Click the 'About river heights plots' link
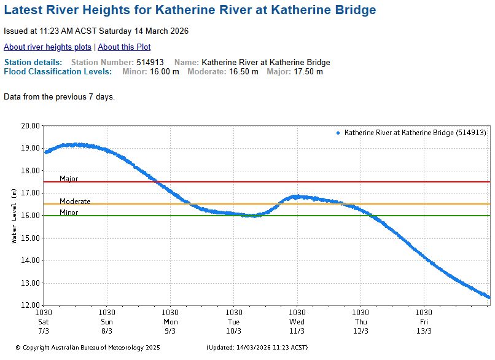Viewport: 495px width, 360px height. [47, 47]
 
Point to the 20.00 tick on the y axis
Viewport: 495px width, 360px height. [31, 125]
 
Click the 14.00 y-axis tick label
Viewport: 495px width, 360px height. [31, 260]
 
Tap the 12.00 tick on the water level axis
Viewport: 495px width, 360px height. [31, 305]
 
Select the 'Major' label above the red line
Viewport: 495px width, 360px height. [69, 179]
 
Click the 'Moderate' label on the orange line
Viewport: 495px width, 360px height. [75, 202]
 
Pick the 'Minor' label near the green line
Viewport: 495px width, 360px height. [69, 213]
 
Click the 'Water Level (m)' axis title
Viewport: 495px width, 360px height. [14, 216]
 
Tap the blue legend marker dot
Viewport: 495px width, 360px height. [338, 133]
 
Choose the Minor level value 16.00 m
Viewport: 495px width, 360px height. [165, 72]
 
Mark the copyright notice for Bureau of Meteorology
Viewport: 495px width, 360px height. [87, 347]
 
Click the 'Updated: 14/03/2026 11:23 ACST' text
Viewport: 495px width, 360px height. [257, 347]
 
